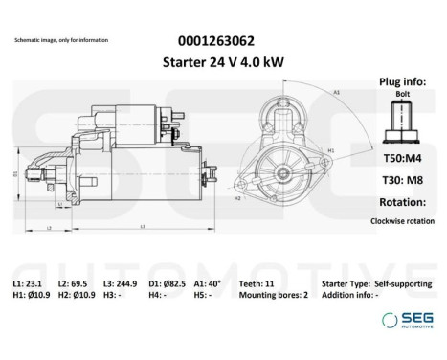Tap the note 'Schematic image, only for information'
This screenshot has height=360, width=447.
[x=61, y=40]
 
